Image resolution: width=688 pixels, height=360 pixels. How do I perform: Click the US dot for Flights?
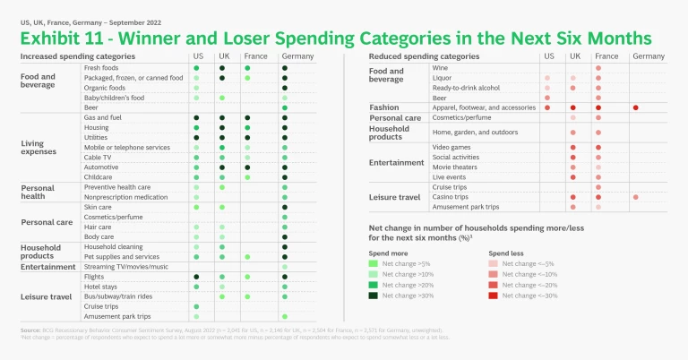pos(196,277)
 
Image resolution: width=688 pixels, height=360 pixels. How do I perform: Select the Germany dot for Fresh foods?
pos(284,68)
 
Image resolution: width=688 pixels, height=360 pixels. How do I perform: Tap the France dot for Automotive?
pos(246,167)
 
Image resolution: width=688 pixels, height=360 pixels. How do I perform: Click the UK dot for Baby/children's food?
pos(221,98)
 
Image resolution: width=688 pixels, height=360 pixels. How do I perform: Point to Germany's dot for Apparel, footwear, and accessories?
pos(635,107)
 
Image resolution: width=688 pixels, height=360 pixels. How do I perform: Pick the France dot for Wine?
pos(598,68)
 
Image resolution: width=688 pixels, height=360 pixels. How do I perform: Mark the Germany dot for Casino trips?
pos(635,197)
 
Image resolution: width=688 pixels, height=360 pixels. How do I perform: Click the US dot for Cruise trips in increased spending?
pos(196,306)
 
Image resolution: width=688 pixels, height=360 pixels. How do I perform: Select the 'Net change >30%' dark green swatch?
pos(374,295)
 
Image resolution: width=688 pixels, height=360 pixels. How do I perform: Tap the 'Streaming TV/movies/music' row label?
pos(126,266)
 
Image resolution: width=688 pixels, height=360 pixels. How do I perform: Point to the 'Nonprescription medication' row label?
pos(125,197)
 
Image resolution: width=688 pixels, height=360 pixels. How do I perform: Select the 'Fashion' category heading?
pos(383,107)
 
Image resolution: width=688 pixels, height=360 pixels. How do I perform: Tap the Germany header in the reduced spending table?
pos(648,56)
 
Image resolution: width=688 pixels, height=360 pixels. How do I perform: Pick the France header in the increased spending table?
pos(256,56)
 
